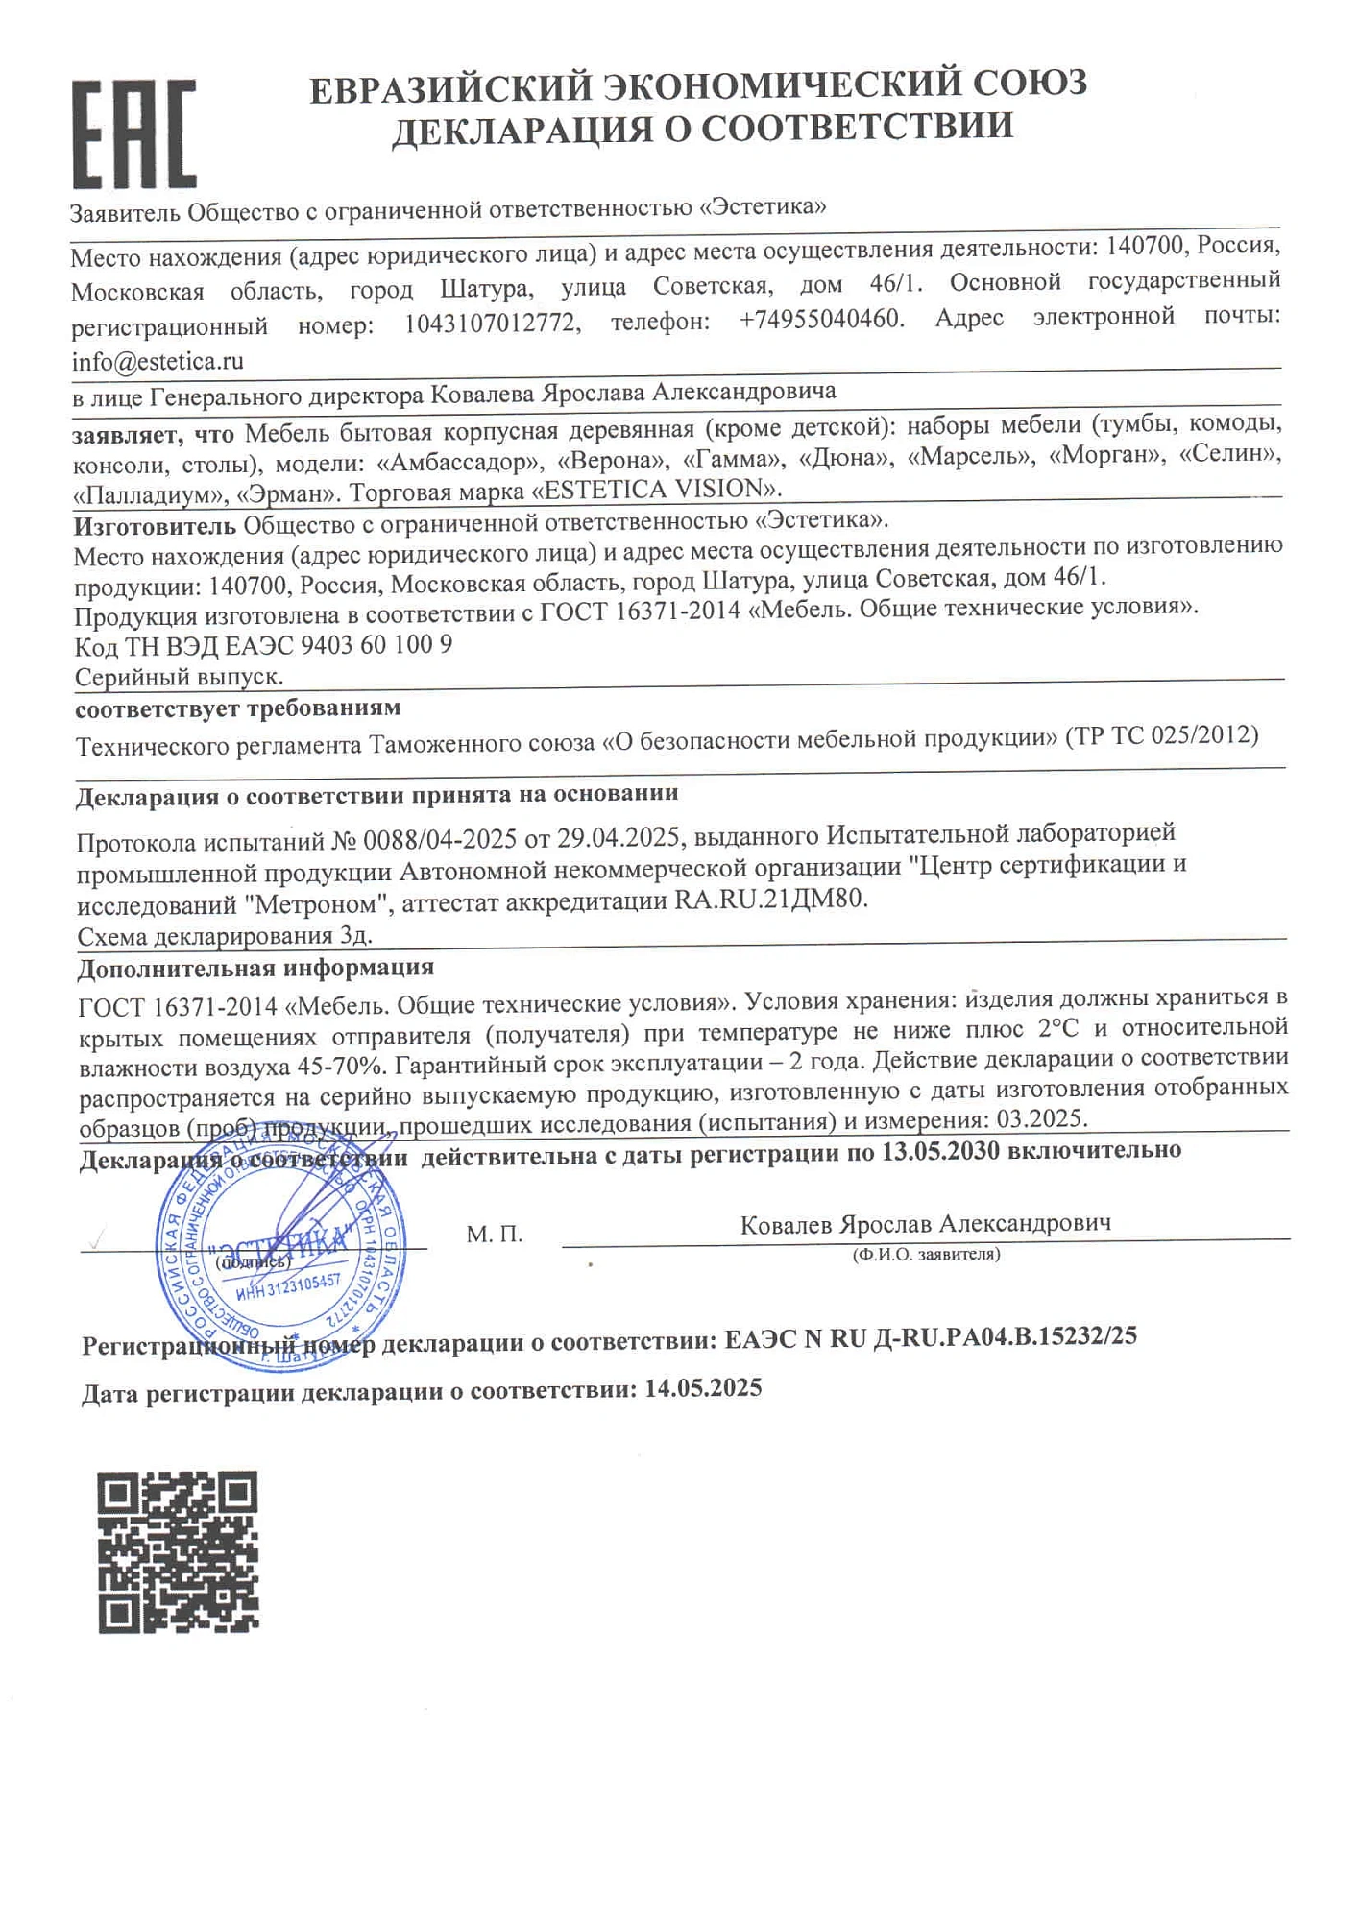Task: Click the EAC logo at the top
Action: point(134,134)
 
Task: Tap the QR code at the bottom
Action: point(178,1551)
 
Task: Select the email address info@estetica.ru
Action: point(158,362)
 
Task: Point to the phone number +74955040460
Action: point(821,320)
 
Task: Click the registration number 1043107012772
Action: point(492,324)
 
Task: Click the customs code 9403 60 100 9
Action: point(376,644)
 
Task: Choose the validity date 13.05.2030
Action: point(940,1150)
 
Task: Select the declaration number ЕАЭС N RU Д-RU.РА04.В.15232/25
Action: point(931,1336)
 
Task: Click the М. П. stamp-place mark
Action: point(495,1235)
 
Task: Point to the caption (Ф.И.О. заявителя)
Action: point(926,1254)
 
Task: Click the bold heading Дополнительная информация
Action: point(255,968)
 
